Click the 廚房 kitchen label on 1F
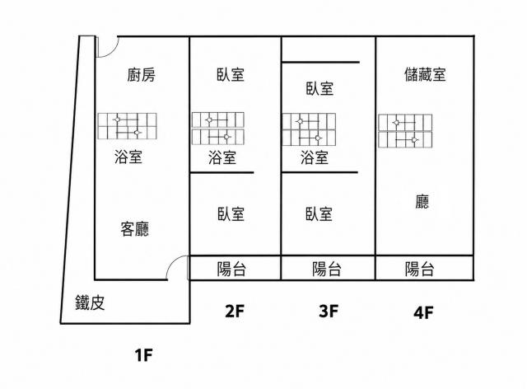(142, 75)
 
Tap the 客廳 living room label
(134, 229)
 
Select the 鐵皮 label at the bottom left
(90, 302)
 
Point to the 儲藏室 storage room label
(425, 74)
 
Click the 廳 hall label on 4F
(422, 202)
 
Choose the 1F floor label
(144, 355)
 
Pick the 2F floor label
(234, 312)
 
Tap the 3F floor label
(329, 311)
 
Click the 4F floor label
(423, 312)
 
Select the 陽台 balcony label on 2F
(231, 269)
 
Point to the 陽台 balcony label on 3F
(327, 269)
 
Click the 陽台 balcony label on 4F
(419, 269)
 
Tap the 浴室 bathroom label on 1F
(128, 157)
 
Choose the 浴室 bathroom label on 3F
(315, 157)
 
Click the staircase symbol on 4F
(405, 131)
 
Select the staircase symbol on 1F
(127, 126)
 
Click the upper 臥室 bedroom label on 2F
(231, 74)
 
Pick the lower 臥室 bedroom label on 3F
(319, 214)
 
